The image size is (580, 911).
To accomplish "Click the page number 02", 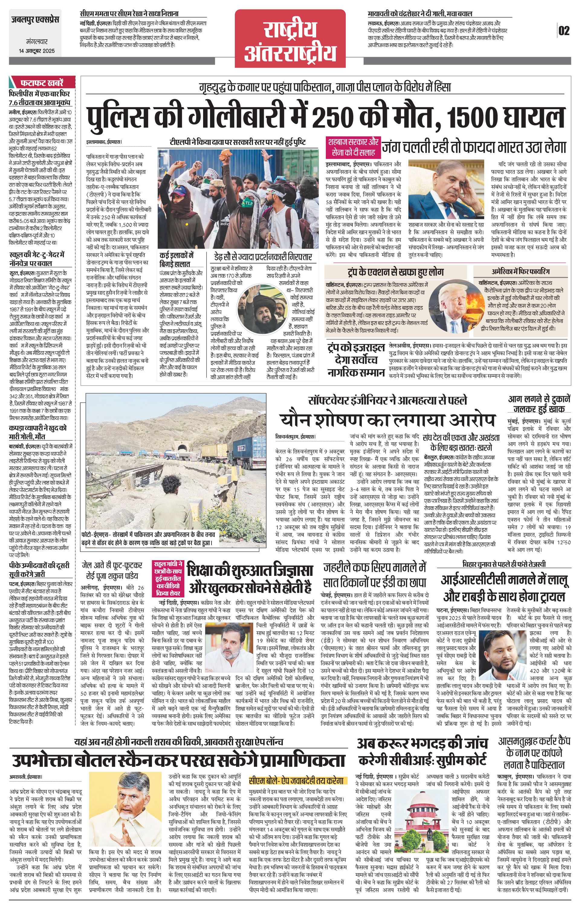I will tap(563, 31).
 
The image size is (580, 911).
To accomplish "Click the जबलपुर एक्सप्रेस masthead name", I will tap(35, 19).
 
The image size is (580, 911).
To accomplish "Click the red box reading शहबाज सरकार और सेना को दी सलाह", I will tap(352, 148).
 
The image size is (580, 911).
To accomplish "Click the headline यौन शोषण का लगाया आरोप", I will tap(387, 420).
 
